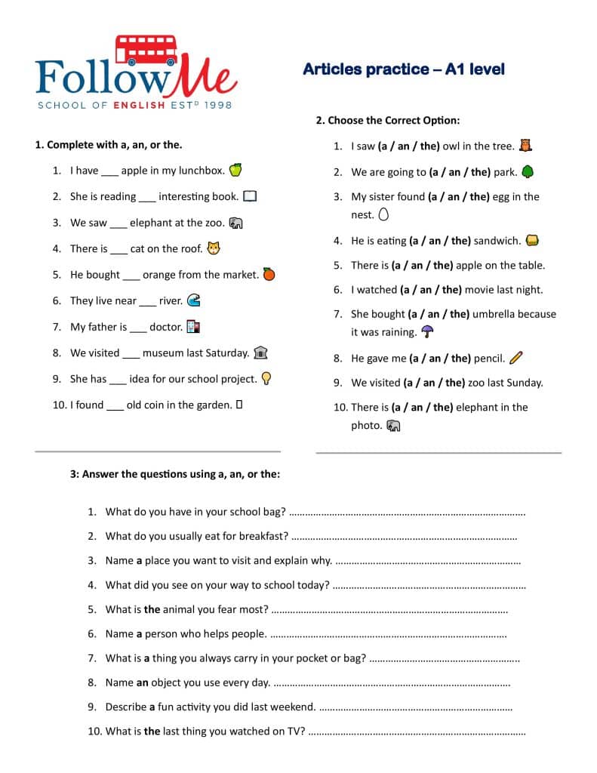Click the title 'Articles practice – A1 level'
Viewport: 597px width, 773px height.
404,69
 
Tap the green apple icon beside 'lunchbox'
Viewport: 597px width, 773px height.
235,170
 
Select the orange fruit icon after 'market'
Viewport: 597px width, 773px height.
269,274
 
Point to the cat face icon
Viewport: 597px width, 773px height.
214,248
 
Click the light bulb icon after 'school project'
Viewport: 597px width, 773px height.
266,378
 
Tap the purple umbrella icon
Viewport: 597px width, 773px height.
427,331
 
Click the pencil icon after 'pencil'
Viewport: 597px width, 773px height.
516,357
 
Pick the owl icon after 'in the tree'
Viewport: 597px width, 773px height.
526,145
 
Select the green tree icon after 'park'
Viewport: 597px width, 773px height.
527,171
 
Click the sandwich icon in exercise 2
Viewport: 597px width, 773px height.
532,241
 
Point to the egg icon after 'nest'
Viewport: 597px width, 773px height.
383,214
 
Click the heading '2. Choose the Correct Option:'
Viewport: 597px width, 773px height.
387,120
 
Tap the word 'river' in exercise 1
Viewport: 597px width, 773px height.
170,300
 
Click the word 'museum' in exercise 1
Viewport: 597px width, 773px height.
163,353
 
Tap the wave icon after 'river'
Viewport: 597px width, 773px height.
193,300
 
